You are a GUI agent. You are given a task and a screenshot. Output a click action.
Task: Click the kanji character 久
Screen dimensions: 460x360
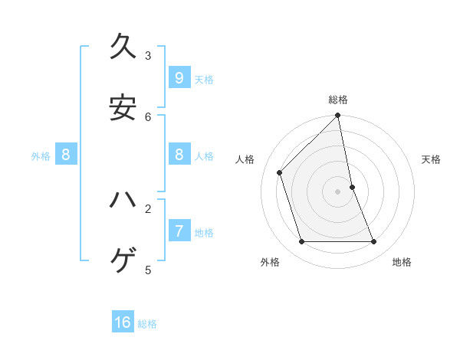click(x=123, y=47)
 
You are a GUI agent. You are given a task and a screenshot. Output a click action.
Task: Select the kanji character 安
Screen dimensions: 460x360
click(x=123, y=108)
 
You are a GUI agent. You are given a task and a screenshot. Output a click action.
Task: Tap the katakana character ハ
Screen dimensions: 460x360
click(x=123, y=200)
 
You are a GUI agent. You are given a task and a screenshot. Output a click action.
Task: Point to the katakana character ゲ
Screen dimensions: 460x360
click(x=123, y=261)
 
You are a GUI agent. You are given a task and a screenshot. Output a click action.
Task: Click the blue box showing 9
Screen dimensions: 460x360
click(x=179, y=77)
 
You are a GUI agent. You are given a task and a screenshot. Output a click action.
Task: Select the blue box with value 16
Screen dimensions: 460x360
click(x=123, y=322)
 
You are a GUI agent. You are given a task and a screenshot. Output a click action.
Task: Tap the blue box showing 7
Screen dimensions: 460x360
click(x=179, y=230)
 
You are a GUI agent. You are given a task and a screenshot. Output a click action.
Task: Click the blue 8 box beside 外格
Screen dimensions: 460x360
click(x=66, y=155)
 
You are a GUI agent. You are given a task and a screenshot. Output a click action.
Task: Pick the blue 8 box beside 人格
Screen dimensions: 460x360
click(x=179, y=155)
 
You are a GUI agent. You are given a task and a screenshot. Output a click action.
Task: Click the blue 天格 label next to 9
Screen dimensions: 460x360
click(x=204, y=80)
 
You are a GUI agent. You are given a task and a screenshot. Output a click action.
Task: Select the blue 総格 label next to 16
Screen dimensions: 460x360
click(x=147, y=324)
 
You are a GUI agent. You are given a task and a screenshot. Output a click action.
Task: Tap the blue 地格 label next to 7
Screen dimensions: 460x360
click(x=204, y=232)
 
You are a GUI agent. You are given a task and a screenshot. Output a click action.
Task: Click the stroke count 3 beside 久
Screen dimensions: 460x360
click(x=148, y=55)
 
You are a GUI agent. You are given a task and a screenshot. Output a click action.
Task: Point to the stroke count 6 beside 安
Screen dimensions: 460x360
click(x=148, y=116)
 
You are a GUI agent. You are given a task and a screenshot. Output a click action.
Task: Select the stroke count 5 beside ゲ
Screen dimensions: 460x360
click(x=148, y=269)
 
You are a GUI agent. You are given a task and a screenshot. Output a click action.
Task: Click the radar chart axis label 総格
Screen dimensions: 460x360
click(x=338, y=100)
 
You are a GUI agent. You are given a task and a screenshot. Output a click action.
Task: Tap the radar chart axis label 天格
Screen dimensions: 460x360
click(x=431, y=159)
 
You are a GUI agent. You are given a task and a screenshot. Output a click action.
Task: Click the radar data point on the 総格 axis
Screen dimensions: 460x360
click(x=338, y=116)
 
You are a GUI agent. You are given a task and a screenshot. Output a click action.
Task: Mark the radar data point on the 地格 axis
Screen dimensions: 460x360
click(x=374, y=241)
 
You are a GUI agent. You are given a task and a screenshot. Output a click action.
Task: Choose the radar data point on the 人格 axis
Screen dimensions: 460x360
click(x=280, y=172)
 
